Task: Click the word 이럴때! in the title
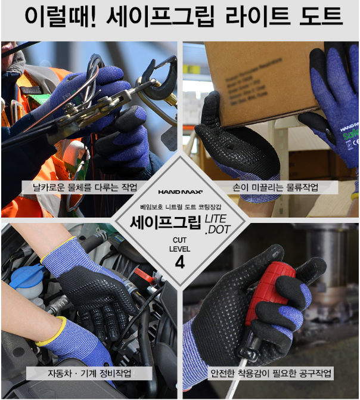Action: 61,17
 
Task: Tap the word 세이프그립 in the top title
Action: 160,17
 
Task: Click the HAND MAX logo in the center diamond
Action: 180,192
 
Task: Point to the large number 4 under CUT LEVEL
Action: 180,262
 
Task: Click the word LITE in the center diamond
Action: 216,219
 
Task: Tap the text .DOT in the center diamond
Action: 218,230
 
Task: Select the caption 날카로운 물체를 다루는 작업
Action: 85,187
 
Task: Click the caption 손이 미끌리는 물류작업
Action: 275,187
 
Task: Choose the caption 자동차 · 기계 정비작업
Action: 89,373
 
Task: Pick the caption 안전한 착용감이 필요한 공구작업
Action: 271,373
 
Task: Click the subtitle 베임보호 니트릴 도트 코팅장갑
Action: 181,207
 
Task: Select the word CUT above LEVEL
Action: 179,240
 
